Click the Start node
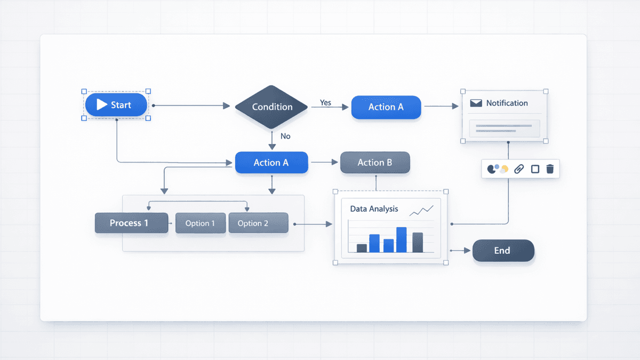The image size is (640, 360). [x=116, y=105]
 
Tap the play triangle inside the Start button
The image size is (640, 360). [x=102, y=105]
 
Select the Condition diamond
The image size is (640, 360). [x=272, y=107]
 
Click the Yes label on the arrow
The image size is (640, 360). [x=325, y=102]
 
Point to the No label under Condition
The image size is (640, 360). [x=285, y=136]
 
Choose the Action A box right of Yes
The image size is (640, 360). [x=386, y=107]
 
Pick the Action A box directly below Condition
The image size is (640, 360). [x=271, y=163]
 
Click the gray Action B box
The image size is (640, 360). [x=375, y=163]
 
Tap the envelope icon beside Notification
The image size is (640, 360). [x=476, y=103]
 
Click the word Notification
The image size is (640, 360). [x=507, y=103]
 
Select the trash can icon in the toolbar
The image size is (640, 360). [x=550, y=169]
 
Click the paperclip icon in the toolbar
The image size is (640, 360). [x=519, y=169]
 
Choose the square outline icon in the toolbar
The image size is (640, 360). [x=535, y=169]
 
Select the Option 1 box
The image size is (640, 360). [x=200, y=223]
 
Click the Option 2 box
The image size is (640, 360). [x=258, y=223]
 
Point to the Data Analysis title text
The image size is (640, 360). [x=374, y=209]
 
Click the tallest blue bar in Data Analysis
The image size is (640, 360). [x=401, y=240]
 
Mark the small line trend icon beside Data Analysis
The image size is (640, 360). [x=421, y=211]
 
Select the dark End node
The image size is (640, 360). [x=503, y=251]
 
